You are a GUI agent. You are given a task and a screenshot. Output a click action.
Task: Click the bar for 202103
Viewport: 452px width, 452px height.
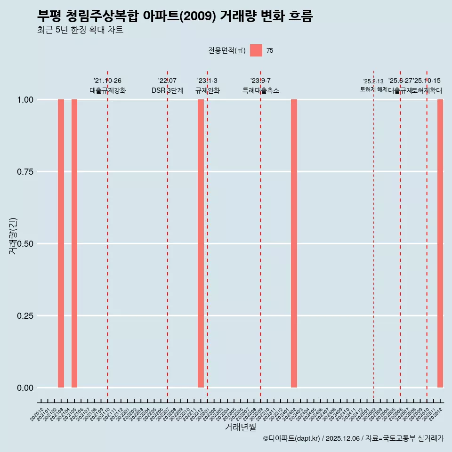[61, 243]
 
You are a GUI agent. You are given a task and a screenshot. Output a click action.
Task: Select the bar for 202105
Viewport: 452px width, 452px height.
[74, 243]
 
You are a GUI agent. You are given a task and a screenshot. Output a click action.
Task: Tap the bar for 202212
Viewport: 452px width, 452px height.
[201, 243]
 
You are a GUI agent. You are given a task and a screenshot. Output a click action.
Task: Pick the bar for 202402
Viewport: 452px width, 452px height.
[294, 243]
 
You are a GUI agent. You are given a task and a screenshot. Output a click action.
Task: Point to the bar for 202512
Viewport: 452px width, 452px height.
[440, 243]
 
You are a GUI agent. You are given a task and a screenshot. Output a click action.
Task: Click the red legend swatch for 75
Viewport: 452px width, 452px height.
[256, 50]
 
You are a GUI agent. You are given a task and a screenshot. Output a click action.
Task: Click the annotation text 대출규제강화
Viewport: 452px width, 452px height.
[108, 90]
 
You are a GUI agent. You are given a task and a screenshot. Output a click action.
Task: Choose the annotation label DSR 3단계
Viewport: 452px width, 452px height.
[167, 90]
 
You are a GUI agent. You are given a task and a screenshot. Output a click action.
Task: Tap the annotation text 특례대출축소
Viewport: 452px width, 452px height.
[261, 90]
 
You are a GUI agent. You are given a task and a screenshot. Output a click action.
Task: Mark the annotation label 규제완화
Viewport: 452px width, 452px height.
[208, 90]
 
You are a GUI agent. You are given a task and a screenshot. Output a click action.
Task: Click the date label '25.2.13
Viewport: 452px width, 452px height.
[373, 81]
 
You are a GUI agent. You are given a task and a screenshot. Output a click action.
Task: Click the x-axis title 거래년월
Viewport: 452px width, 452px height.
[241, 428]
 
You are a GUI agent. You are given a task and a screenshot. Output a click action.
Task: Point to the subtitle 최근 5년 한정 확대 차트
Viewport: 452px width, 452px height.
[80, 31]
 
